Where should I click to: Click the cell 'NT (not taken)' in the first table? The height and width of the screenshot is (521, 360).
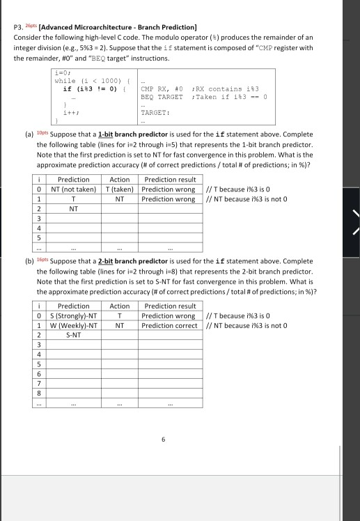[74, 188]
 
